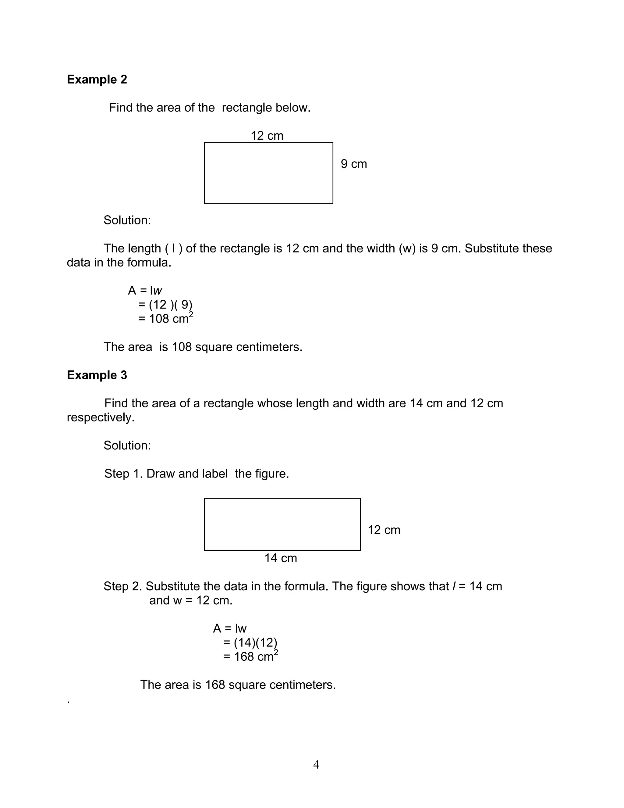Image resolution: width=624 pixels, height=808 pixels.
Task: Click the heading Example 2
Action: (97, 79)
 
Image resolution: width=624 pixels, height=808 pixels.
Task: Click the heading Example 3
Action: (97, 375)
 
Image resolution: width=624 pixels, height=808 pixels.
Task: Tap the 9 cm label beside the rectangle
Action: (354, 164)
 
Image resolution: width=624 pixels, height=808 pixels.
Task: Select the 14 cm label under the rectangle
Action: (281, 558)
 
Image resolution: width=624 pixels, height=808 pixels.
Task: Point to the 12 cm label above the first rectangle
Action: (267, 136)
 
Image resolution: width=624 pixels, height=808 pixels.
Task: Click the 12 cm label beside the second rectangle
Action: (384, 530)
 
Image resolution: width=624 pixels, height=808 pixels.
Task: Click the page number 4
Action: (316, 764)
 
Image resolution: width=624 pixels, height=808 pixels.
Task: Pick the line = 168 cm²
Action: (250, 656)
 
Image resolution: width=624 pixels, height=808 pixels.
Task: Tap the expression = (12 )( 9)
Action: (165, 305)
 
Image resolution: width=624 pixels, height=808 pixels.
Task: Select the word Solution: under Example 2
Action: (127, 220)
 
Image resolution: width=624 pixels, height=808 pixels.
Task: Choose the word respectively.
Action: (101, 417)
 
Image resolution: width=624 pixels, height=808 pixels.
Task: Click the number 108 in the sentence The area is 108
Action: (182, 347)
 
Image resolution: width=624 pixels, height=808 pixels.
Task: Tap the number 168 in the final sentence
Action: (215, 685)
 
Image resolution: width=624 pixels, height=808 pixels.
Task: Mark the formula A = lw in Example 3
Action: (229, 628)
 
